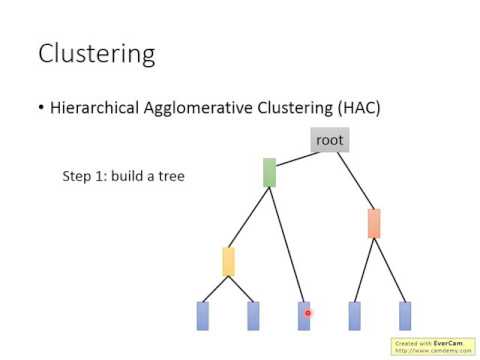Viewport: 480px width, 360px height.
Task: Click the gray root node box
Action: point(329,140)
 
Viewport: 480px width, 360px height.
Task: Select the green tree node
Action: point(269,172)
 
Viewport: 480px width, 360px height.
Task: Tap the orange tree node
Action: point(374,223)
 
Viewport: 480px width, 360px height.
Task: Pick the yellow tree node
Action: point(228,262)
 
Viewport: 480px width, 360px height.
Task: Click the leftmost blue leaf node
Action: point(203,315)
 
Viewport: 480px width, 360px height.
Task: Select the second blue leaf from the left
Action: point(253,315)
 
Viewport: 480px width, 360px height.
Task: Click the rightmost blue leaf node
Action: point(405,315)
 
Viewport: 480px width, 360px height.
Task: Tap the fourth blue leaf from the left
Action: point(354,315)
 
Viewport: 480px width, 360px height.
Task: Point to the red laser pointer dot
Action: point(308,314)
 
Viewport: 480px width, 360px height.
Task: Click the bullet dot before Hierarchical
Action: point(41,108)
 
